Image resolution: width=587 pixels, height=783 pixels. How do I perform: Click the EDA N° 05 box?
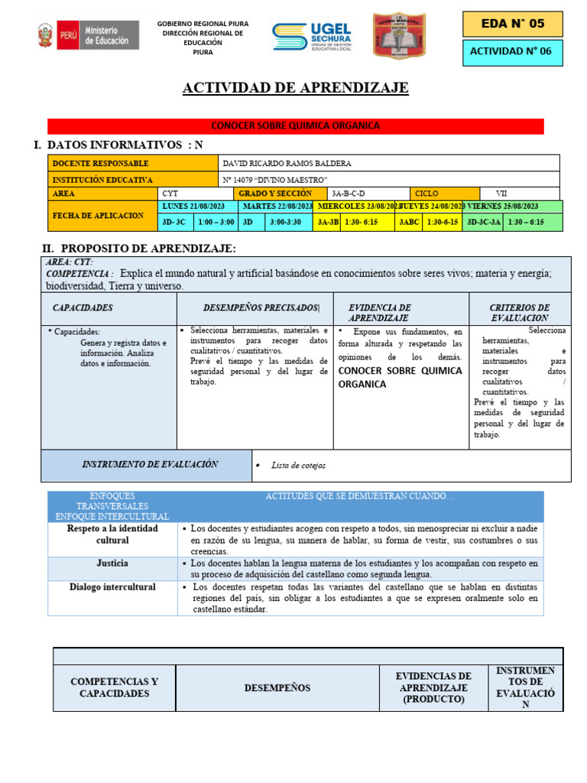point(512,24)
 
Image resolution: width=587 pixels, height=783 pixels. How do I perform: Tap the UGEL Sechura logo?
point(311,36)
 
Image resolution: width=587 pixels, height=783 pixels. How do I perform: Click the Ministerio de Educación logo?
point(89,35)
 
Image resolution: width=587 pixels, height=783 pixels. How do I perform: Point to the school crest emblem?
point(399,36)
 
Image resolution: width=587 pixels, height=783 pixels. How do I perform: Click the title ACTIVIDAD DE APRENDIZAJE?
point(295,88)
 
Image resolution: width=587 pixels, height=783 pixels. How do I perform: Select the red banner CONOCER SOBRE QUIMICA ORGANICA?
point(295,126)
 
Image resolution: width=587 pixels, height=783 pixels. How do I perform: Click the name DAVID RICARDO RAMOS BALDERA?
point(287,164)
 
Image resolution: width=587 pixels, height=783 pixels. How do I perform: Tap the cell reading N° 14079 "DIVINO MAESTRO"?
point(274,179)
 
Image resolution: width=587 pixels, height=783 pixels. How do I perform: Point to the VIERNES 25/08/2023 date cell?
point(503,206)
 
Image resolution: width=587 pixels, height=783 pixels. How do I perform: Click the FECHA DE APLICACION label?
point(98,216)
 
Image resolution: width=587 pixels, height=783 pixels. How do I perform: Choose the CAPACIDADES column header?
point(83,307)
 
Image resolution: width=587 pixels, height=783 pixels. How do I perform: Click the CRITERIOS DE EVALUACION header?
point(519,312)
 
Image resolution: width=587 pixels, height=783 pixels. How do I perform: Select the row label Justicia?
point(112,564)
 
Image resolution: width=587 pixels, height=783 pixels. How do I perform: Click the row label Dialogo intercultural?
point(112,587)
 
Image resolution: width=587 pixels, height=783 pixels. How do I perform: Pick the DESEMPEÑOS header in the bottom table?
point(277,688)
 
